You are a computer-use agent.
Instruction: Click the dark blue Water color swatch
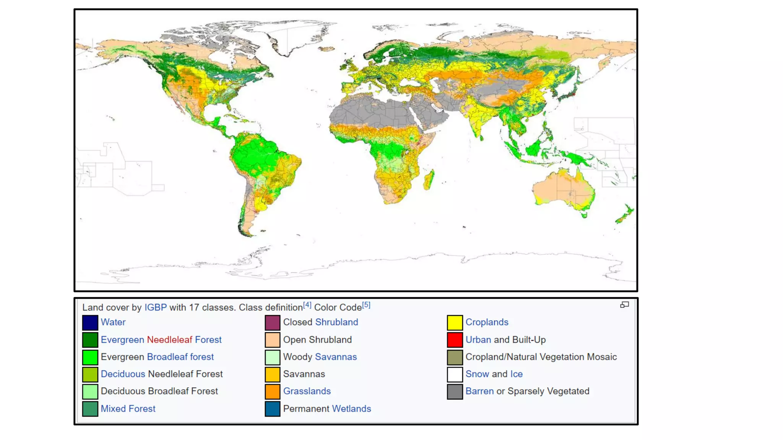coord(90,322)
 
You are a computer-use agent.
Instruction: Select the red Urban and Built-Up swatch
coord(455,340)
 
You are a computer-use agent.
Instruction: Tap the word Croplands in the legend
coord(487,322)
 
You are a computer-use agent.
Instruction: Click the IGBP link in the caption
coord(155,307)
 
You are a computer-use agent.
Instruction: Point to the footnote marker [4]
coord(307,305)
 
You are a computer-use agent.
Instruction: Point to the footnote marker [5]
coord(366,305)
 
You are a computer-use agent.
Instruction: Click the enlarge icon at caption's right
coord(624,305)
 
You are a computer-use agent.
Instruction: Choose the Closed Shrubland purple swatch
coord(272,322)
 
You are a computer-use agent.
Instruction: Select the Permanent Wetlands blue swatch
coord(272,409)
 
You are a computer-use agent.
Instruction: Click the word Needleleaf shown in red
coord(169,340)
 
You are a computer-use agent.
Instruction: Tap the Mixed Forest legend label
coord(128,409)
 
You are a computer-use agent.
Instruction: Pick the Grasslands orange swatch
coord(272,391)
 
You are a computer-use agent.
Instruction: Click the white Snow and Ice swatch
coord(455,374)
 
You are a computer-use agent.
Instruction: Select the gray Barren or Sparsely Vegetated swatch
coord(455,391)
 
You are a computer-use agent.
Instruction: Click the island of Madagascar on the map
coord(429,180)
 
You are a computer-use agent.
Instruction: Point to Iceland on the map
coord(326,49)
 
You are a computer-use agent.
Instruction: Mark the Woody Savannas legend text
coord(320,357)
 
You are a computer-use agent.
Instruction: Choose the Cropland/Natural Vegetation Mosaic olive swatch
coord(455,357)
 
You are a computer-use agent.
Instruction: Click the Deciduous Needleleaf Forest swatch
coord(90,374)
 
